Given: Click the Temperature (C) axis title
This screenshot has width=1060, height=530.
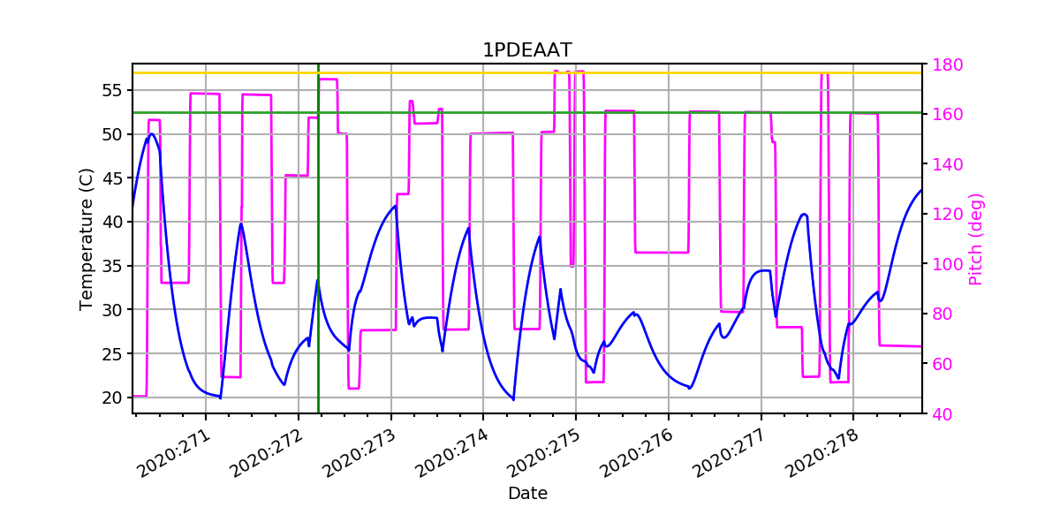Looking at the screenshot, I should coord(86,238).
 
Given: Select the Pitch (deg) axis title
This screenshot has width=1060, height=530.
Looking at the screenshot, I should coord(976,238).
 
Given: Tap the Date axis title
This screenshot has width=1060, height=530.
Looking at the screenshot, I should coord(527,494).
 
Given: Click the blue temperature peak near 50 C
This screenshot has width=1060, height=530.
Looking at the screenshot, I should coord(152,134).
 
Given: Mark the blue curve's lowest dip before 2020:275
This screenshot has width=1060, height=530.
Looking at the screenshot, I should coord(513,399).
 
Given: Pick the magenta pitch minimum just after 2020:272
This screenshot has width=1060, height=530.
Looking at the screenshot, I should coord(353,388).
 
